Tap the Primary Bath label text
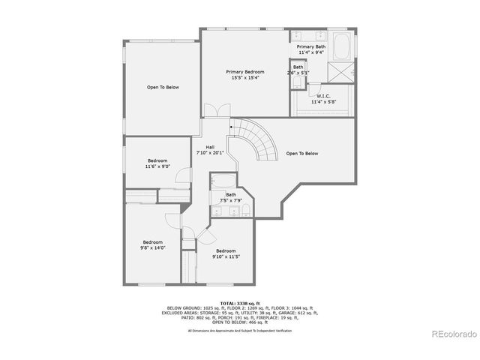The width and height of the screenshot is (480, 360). click(x=311, y=49)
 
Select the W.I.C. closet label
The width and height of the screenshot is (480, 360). click(x=324, y=99)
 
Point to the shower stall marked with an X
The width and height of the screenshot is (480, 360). click(x=343, y=72)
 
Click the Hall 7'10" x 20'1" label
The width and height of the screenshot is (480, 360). click(x=210, y=149)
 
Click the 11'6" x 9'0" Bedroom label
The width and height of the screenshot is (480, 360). click(x=157, y=163)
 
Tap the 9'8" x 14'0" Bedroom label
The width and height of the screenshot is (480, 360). click(x=153, y=244)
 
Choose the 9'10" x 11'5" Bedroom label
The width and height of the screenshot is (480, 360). click(x=226, y=253)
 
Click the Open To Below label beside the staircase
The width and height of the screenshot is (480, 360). click(x=301, y=154)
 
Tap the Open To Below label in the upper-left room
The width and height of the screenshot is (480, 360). click(x=163, y=88)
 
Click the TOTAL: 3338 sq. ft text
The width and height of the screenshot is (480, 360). click(x=239, y=304)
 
